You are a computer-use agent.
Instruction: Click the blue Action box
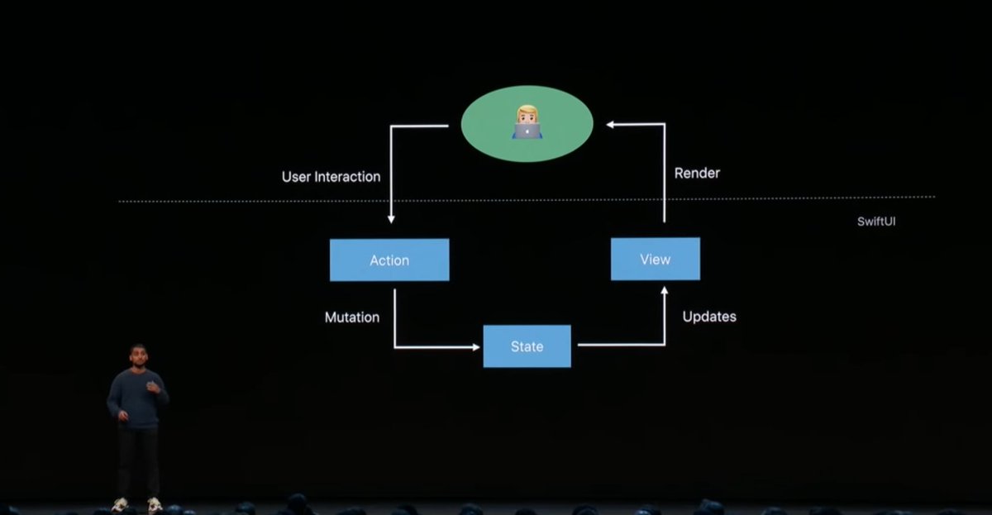389,260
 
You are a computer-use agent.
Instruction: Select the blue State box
527,346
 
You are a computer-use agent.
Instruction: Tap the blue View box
655,259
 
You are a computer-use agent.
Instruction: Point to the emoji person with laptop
527,123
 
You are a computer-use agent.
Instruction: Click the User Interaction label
331,176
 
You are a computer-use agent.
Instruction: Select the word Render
697,173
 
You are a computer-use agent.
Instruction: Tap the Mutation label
352,317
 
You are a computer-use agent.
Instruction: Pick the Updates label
709,317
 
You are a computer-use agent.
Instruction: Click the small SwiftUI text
878,222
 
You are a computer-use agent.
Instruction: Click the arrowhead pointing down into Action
391,220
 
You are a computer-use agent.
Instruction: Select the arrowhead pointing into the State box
475,346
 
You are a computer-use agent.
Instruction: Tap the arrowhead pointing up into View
665,289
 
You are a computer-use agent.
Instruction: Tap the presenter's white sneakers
136,504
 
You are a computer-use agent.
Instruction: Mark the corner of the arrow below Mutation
394,346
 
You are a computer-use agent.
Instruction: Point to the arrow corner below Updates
665,344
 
